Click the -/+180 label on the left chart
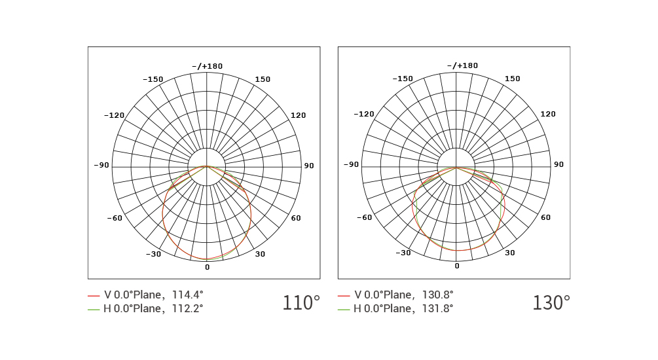click(x=208, y=66)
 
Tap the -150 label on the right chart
click(x=403, y=79)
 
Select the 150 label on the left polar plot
click(x=263, y=79)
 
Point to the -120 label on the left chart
click(x=114, y=115)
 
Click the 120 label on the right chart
click(x=548, y=114)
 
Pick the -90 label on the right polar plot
click(x=351, y=164)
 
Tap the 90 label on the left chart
click(x=309, y=166)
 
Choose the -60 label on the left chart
click(x=115, y=218)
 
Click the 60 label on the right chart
click(x=545, y=217)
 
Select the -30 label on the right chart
click(x=403, y=253)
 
